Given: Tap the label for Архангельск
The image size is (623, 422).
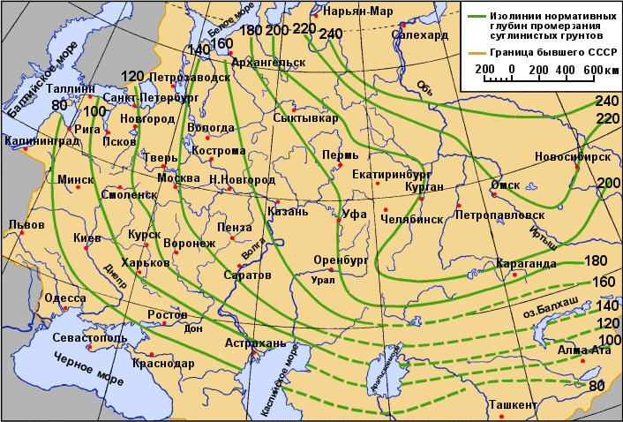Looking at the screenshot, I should (x=268, y=64).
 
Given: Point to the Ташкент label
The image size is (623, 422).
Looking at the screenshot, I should (x=512, y=405).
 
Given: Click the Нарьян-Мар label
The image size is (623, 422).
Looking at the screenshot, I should (x=358, y=11).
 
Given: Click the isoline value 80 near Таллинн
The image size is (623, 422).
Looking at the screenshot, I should (x=60, y=106).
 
